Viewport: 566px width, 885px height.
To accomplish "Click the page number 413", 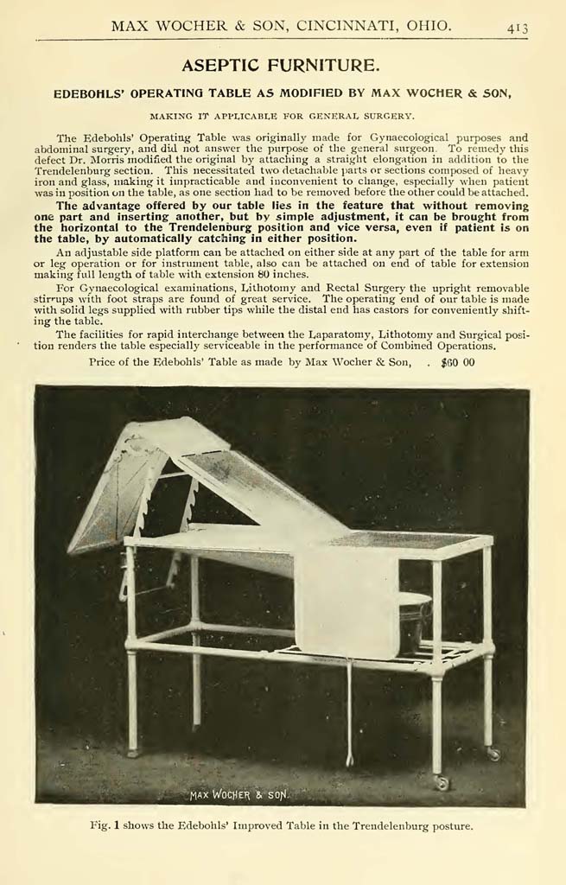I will pos(518,28).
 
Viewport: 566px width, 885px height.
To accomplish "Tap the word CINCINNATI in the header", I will pos(344,27).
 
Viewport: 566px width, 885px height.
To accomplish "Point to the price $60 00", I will pos(457,362).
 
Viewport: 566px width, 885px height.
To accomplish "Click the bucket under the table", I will pos(414,618).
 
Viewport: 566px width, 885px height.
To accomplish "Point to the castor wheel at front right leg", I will pos(442,783).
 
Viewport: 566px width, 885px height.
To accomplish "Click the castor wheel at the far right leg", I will pos(493,753).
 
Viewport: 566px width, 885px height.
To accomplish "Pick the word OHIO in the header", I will pos(429,27).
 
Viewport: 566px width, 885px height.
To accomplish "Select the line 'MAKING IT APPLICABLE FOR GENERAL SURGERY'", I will pos(282,115).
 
